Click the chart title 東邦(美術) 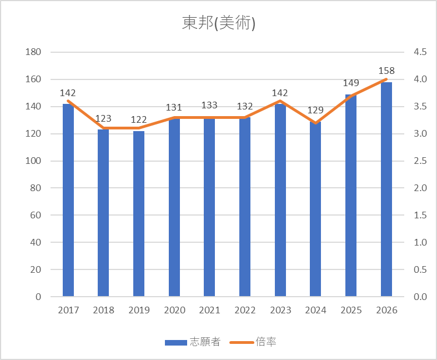tap(219, 23)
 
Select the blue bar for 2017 tap(68, 200)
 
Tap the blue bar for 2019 tap(139, 213)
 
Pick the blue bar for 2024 tap(315, 209)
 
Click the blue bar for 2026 tap(386, 189)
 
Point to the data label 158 tap(386, 71)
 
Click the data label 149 tap(351, 83)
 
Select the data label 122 tap(139, 119)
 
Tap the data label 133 tap(209, 105)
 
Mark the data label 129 tap(315, 110)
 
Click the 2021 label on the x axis tap(209, 310)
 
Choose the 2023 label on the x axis tap(280, 310)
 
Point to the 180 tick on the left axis tap(33, 52)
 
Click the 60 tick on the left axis tap(36, 215)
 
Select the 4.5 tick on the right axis tap(420, 52)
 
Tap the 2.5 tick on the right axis tap(420, 161)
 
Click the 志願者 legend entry tap(193, 342)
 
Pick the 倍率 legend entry tap(253, 342)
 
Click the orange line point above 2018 tap(103, 128)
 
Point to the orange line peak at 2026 tap(386, 79)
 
